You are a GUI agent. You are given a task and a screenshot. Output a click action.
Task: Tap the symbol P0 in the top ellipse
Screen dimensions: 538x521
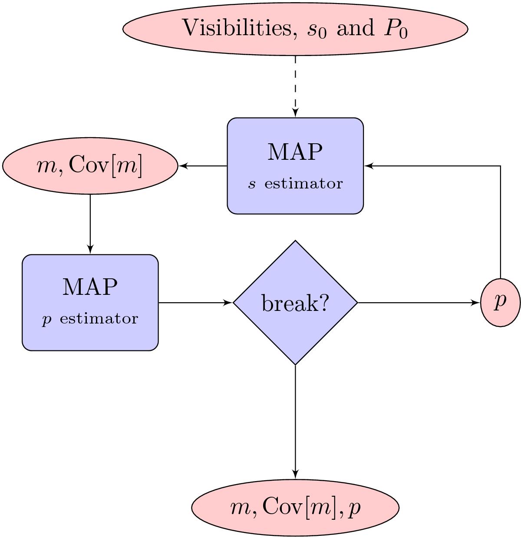(395, 29)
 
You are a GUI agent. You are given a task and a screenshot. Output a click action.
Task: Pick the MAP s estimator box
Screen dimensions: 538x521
(295, 165)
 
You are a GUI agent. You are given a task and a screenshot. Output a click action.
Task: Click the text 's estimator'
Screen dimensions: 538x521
(295, 184)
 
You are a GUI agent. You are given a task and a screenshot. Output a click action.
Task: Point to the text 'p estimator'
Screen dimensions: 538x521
(90, 319)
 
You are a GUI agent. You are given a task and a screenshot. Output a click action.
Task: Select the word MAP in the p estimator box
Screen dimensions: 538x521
(90, 287)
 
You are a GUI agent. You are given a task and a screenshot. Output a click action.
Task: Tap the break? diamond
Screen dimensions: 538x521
(295, 303)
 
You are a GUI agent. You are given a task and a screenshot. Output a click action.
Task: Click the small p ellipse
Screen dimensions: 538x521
(500, 303)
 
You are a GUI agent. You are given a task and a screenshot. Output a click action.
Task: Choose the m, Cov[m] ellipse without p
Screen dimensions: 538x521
(90, 166)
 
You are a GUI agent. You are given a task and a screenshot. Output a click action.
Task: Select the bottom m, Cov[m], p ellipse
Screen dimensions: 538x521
(295, 507)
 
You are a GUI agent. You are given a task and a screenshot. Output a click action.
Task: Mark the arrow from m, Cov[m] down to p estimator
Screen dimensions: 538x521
(90, 224)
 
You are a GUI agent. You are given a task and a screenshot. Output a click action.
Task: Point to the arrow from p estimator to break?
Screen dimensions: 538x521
(195, 303)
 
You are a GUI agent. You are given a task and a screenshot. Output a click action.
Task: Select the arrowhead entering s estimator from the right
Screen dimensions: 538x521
(368, 166)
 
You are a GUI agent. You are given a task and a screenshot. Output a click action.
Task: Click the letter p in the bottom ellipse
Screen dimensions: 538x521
(355, 508)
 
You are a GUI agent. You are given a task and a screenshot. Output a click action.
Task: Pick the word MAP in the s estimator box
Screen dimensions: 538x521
(295, 152)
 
